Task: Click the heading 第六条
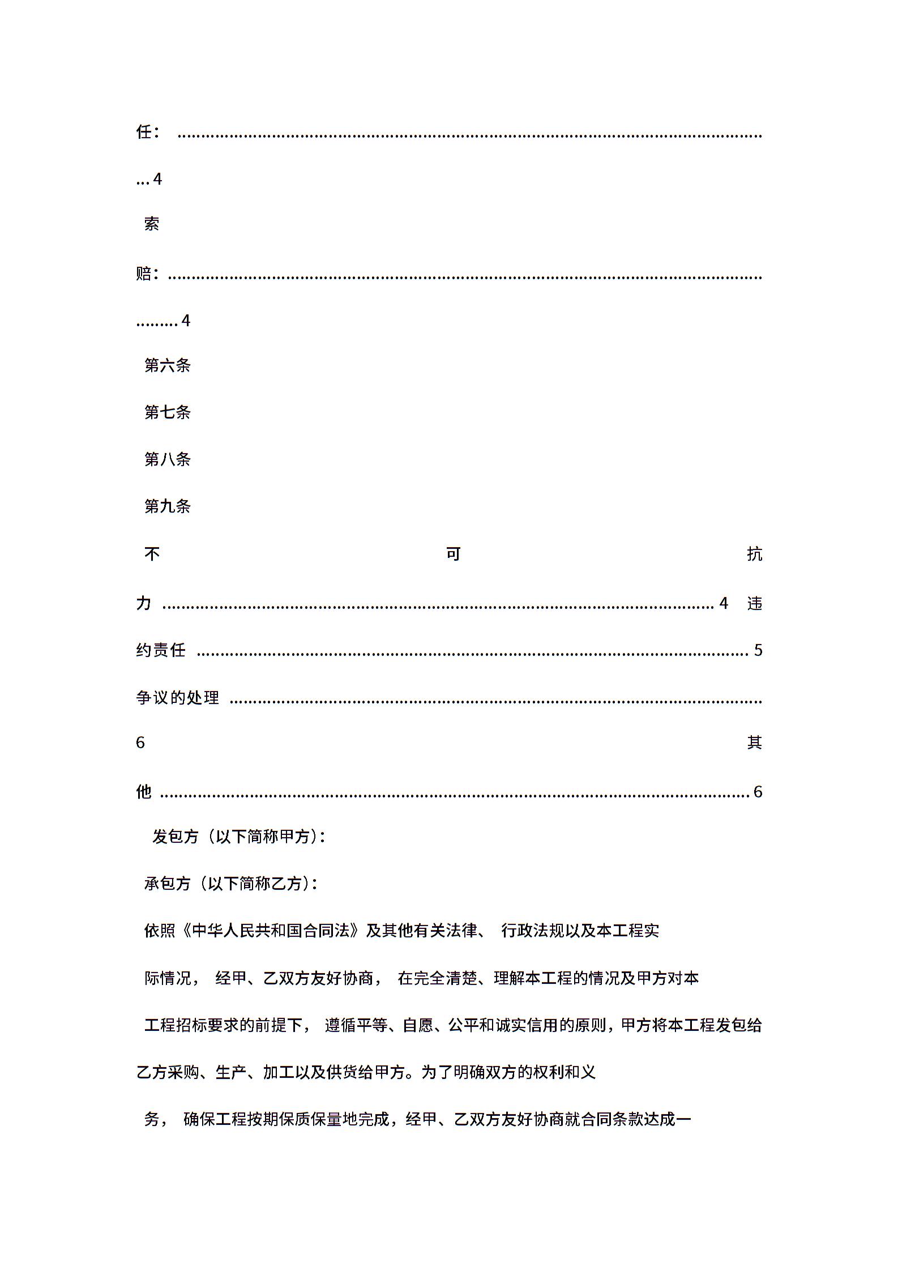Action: coord(167,365)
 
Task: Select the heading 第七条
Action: coord(167,412)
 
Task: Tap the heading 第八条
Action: coord(167,459)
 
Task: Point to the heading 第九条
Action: coord(167,506)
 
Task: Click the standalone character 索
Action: coord(151,224)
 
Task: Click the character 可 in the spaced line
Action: coord(453,553)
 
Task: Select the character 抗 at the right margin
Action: coord(754,554)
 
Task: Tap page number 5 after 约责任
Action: coord(758,650)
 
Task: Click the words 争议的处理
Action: coord(177,698)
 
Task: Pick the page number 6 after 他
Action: coord(758,792)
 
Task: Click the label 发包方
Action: coord(176,837)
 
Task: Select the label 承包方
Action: coord(167,884)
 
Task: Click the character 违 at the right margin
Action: coord(754,604)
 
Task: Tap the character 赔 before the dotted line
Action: coord(144,274)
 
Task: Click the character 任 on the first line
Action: coord(144,132)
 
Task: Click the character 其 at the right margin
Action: coord(754,743)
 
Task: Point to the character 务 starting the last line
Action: coord(152,1119)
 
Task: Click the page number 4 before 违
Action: coord(723,603)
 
